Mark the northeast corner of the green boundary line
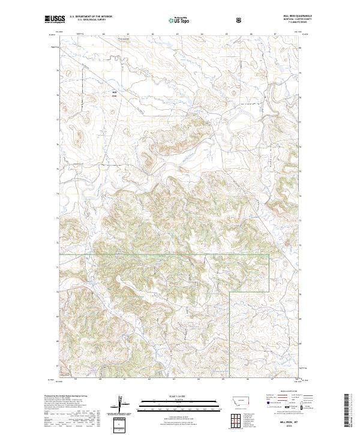point(269,254)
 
